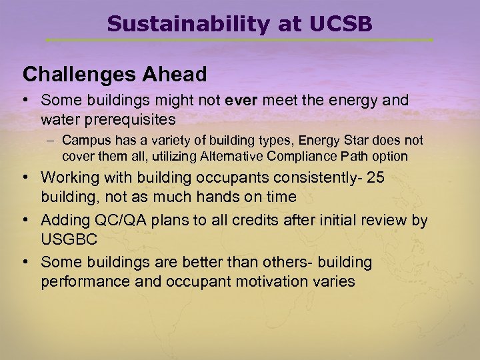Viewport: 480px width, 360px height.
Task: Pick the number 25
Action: coord(376,178)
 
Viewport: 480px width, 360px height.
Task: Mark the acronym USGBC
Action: coord(69,239)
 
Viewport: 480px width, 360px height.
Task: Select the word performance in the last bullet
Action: coord(83,281)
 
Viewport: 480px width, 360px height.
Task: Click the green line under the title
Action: coord(240,41)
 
